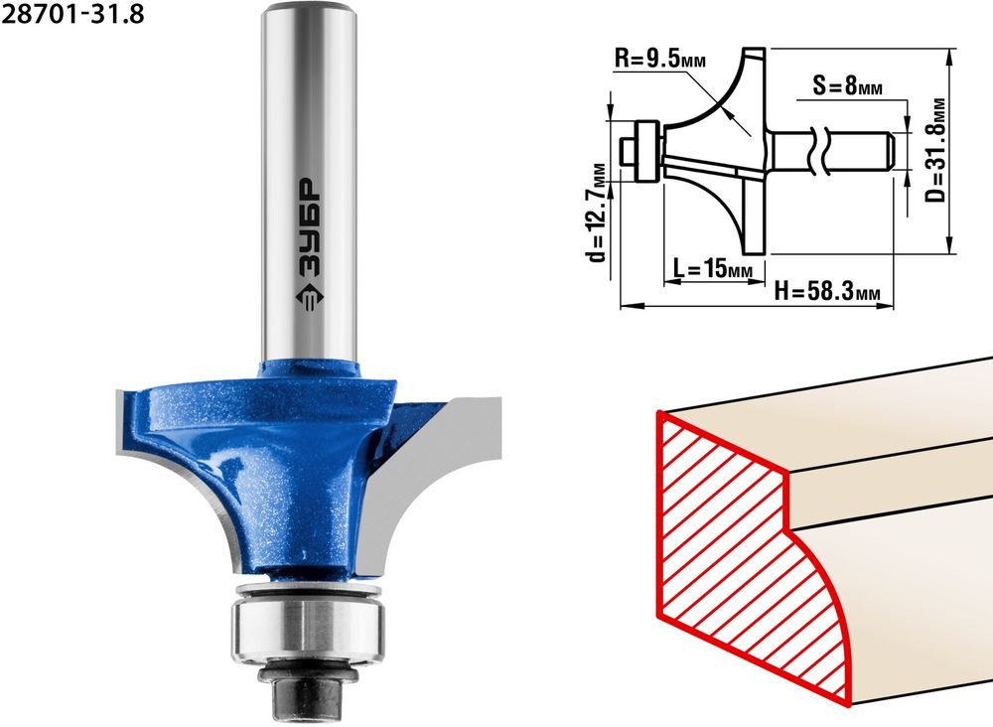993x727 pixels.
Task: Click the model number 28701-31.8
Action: pyautogui.click(x=72, y=14)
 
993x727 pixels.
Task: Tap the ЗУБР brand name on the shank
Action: pyautogui.click(x=309, y=227)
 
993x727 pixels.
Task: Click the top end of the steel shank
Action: pyautogui.click(x=309, y=8)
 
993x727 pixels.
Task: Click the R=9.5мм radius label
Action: pyautogui.click(x=660, y=61)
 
